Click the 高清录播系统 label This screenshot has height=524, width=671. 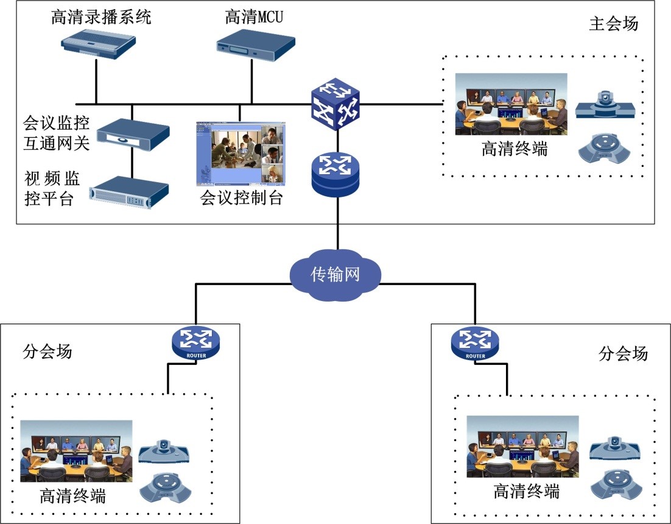(x=101, y=17)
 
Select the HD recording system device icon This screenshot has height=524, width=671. (x=98, y=45)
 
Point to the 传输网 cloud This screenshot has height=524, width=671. (x=335, y=274)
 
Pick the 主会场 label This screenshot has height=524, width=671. (x=614, y=24)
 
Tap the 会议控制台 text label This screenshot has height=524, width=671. (x=242, y=198)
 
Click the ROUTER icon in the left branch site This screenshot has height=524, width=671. (x=196, y=343)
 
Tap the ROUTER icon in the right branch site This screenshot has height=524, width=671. (x=475, y=344)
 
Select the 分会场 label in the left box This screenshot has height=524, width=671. (x=47, y=352)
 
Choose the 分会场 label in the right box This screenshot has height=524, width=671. (x=624, y=353)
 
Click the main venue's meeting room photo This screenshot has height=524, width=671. (x=511, y=104)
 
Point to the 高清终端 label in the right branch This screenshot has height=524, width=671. (x=526, y=491)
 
